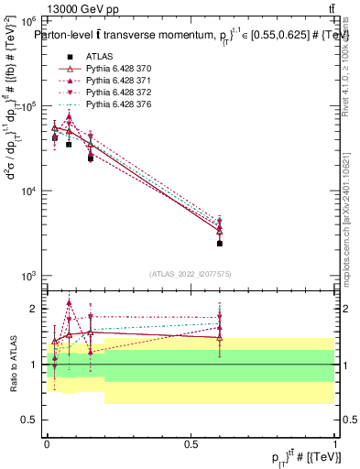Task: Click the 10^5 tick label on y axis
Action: [27, 106]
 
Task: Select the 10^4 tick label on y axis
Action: [27, 191]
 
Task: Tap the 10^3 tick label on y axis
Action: [27, 276]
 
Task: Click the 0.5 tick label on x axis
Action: [191, 442]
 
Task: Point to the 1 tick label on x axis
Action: [335, 442]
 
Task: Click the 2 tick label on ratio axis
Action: [33, 309]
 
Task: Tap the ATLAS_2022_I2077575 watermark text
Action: [191, 273]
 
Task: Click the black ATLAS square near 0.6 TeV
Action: [220, 244]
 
